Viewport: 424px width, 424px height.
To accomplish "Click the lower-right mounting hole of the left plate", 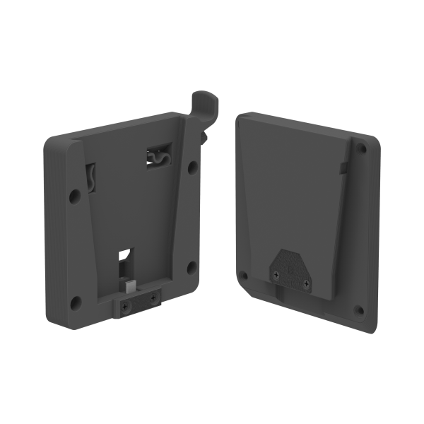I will (x=191, y=266).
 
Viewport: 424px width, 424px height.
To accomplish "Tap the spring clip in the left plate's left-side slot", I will (x=92, y=177).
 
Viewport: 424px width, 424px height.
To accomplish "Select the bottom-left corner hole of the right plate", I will (x=243, y=274).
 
